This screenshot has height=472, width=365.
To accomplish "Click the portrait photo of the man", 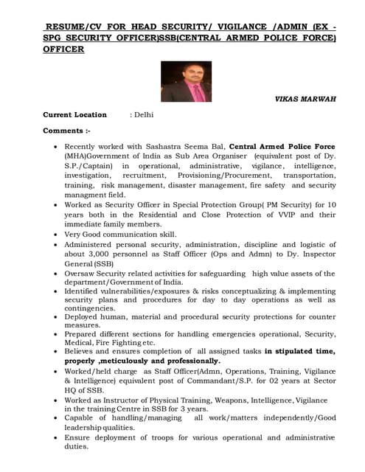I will tap(186, 81).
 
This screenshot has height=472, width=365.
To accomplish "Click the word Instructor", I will tap(135, 399).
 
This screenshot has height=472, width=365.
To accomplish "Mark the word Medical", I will tap(82, 341).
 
